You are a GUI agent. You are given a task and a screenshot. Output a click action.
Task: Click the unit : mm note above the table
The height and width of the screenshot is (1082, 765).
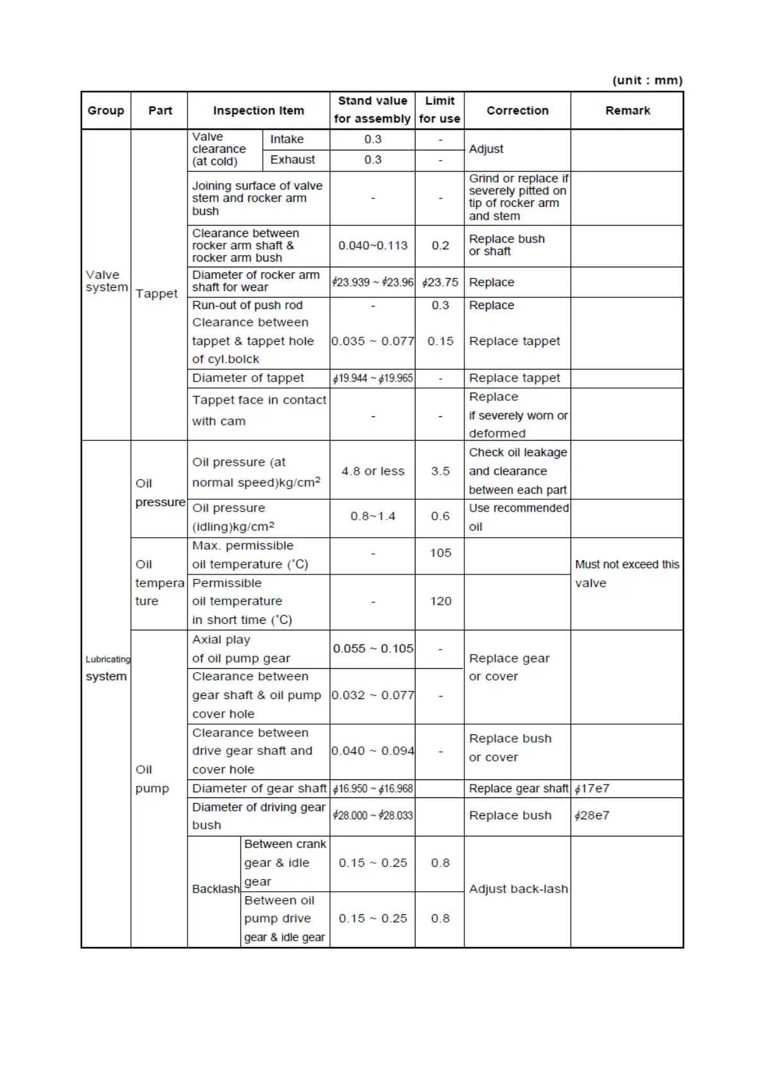647,80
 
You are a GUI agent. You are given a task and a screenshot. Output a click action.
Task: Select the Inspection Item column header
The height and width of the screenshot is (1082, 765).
258,111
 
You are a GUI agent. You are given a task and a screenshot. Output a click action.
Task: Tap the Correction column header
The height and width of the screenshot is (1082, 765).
517,111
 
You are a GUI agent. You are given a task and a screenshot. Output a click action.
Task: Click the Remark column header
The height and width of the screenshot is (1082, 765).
627,111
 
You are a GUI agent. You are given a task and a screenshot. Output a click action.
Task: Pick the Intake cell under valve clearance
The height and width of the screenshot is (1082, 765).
286,139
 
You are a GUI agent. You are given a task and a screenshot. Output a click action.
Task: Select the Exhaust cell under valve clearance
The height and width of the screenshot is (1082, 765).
292,160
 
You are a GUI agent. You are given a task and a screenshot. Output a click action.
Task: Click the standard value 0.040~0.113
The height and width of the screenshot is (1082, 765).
373,245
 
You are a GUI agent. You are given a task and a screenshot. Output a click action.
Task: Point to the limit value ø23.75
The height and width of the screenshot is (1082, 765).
440,282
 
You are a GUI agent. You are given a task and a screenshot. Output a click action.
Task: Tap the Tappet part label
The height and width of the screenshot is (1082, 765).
157,294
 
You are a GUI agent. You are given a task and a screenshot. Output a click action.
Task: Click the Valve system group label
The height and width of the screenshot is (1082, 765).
106,281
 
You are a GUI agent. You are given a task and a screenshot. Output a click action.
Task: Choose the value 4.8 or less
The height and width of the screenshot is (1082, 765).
373,471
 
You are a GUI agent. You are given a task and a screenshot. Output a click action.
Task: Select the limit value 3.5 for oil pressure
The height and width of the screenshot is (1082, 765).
440,471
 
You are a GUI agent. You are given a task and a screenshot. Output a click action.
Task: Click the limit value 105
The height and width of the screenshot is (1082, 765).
440,553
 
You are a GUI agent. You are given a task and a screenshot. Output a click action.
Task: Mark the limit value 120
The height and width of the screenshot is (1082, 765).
440,601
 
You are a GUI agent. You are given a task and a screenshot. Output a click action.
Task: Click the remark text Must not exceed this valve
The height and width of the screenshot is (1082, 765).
626,573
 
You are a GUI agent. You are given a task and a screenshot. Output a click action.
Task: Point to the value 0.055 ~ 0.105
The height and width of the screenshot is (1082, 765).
373,649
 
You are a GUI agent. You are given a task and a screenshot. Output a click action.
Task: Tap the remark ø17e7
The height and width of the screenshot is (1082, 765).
592,788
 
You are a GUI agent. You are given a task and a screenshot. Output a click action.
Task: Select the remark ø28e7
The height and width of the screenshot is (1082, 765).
592,815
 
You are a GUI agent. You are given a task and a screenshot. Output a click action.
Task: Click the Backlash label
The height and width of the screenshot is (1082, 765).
215,889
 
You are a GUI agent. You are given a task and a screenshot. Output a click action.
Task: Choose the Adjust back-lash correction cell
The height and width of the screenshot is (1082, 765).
518,889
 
